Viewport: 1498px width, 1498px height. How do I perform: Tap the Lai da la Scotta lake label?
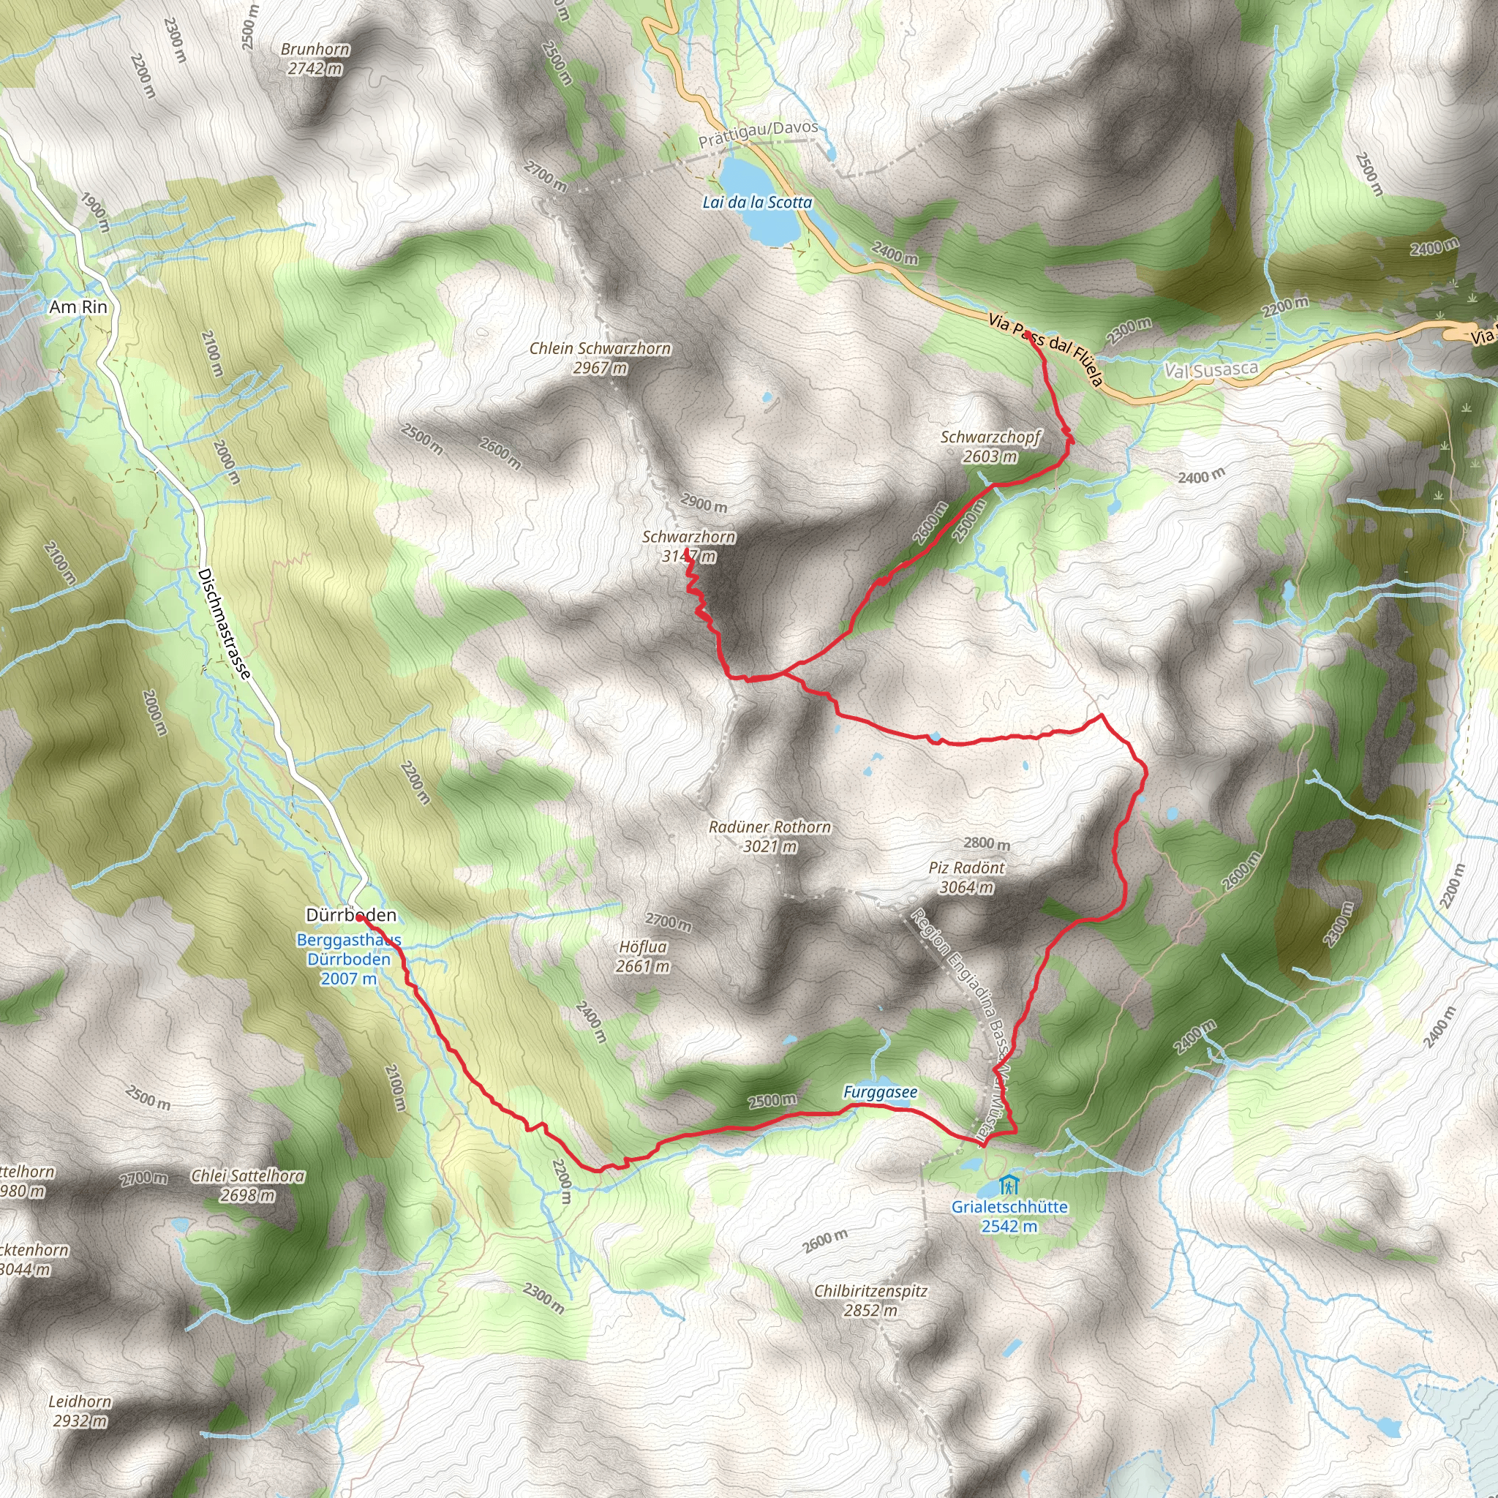click(757, 203)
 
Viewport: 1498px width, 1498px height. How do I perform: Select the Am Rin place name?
click(78, 307)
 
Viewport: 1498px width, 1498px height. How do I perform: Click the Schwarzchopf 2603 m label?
click(990, 447)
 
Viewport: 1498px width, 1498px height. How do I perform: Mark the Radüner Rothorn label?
click(769, 837)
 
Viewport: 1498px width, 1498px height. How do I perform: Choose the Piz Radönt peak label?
click(966, 877)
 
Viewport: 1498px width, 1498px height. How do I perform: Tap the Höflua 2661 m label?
click(643, 956)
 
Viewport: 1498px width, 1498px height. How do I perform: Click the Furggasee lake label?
click(880, 1093)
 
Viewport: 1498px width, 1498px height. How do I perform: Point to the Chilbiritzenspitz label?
click(870, 1301)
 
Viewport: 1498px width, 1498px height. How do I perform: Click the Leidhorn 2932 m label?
click(80, 1411)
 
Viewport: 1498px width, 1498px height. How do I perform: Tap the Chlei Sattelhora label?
click(247, 1186)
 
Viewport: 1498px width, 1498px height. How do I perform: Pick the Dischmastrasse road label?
click(224, 624)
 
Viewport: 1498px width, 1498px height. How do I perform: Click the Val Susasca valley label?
click(1211, 371)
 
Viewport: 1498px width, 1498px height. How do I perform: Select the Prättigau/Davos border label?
click(758, 135)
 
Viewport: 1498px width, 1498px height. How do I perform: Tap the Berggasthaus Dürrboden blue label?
click(349, 959)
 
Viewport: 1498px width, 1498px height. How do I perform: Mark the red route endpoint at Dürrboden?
click(361, 917)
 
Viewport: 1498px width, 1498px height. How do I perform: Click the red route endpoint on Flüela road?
click(1028, 334)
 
